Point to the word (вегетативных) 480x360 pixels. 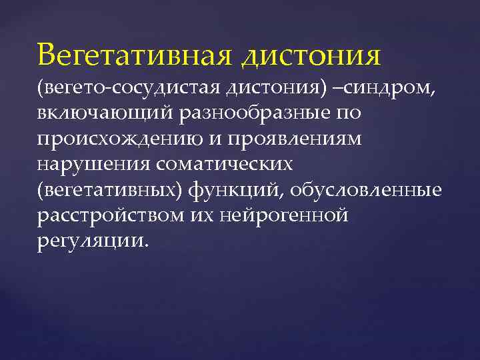point(109,189)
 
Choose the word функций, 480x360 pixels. point(233,189)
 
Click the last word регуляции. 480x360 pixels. point(90,240)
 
